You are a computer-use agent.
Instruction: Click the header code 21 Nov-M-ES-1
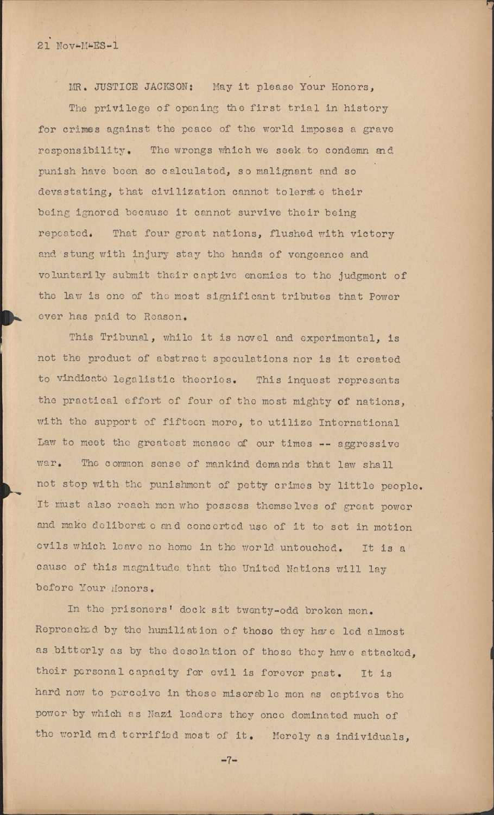[x=78, y=46]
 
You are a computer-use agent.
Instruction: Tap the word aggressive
[x=368, y=443]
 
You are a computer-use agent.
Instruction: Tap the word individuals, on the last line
[x=371, y=737]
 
